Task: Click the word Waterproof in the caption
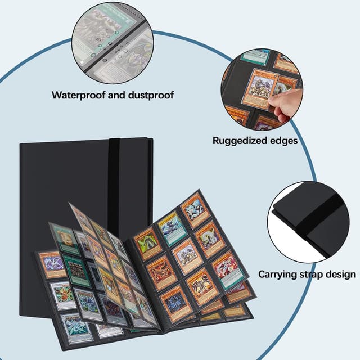pos(77,94)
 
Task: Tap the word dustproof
pos(147,94)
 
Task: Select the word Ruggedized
pos(241,141)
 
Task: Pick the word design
pos(341,274)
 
